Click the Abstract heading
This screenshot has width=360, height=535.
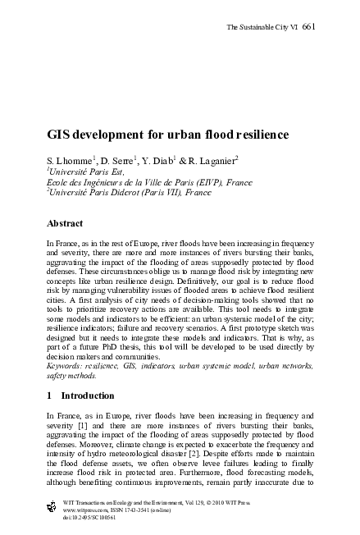66,223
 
